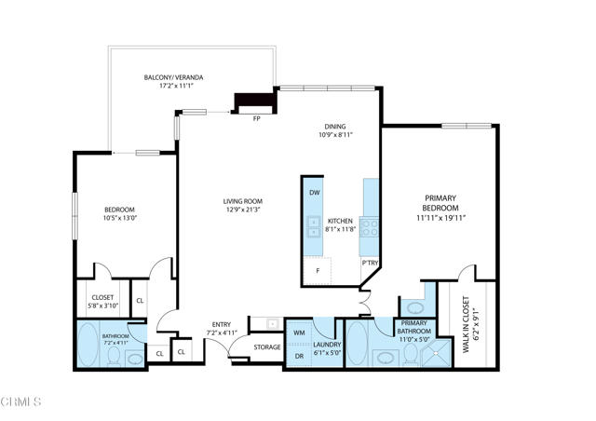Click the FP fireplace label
click(257, 118)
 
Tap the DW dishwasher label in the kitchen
click(315, 193)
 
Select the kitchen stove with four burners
click(369, 227)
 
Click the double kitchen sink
click(314, 226)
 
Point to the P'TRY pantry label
click(370, 263)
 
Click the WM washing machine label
click(299, 333)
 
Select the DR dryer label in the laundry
click(299, 357)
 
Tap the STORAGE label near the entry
click(267, 347)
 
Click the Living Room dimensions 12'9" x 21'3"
click(243, 210)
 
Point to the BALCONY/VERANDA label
click(174, 77)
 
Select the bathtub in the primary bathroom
click(358, 345)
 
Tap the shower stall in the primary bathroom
click(437, 353)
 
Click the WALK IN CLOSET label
click(466, 324)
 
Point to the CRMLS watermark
click(20, 401)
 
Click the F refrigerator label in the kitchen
click(318, 271)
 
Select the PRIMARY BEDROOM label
click(440, 203)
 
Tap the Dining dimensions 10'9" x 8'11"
click(336, 135)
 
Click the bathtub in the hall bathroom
click(88, 346)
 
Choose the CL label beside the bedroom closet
click(140, 301)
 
